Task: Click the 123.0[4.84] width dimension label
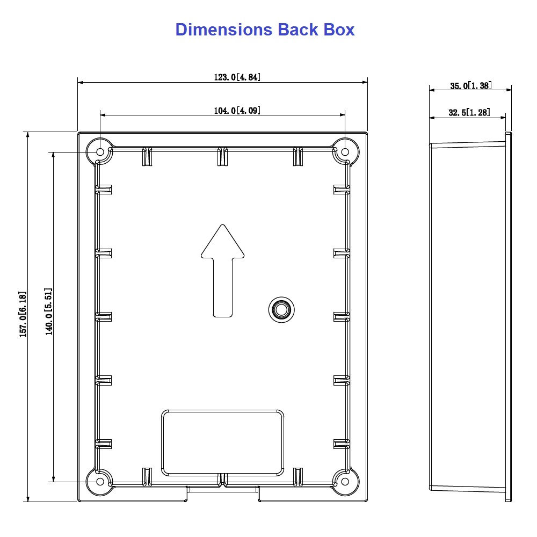click(237, 77)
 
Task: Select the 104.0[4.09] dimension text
click(237, 111)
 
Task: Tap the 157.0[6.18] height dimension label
click(23, 314)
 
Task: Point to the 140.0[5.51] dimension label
click(49, 311)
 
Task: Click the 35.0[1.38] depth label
click(470, 85)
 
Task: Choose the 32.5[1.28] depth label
click(469, 112)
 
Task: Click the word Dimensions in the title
click(224, 30)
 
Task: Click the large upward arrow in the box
click(223, 271)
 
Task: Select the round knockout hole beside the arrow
click(281, 310)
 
